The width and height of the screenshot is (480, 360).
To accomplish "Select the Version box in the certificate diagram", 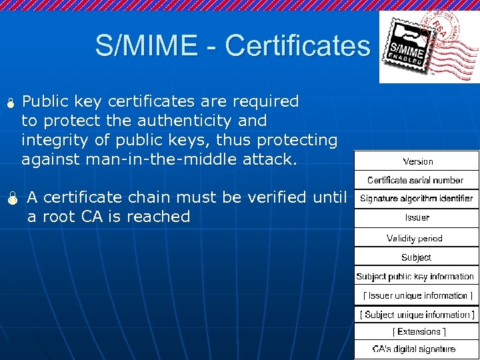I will [417, 161].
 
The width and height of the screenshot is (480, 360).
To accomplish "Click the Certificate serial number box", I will [415, 180].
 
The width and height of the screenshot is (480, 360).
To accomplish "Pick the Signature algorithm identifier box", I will [416, 199].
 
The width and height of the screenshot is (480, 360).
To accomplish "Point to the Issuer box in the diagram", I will [417, 217].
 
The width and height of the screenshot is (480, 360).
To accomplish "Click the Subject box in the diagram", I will [416, 257].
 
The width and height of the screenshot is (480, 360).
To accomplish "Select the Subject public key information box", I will [415, 276].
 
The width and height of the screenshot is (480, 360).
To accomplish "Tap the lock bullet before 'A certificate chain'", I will [11, 198].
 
